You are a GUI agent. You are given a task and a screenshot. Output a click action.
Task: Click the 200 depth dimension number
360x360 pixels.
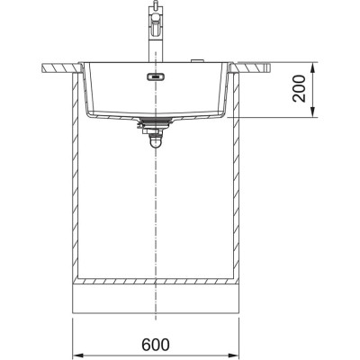pyautogui.click(x=299, y=89)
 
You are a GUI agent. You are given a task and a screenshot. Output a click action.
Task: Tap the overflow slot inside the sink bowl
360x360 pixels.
pyautogui.click(x=155, y=76)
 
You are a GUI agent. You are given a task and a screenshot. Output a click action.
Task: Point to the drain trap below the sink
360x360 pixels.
pyautogui.click(x=154, y=137)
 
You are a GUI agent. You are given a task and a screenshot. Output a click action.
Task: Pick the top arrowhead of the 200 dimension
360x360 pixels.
pyautogui.click(x=313, y=65)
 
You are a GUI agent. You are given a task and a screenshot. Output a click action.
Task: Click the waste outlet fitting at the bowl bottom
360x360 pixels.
pyautogui.click(x=154, y=121)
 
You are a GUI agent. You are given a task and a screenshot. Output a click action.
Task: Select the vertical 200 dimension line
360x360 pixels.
pyautogui.click(x=313, y=89)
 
